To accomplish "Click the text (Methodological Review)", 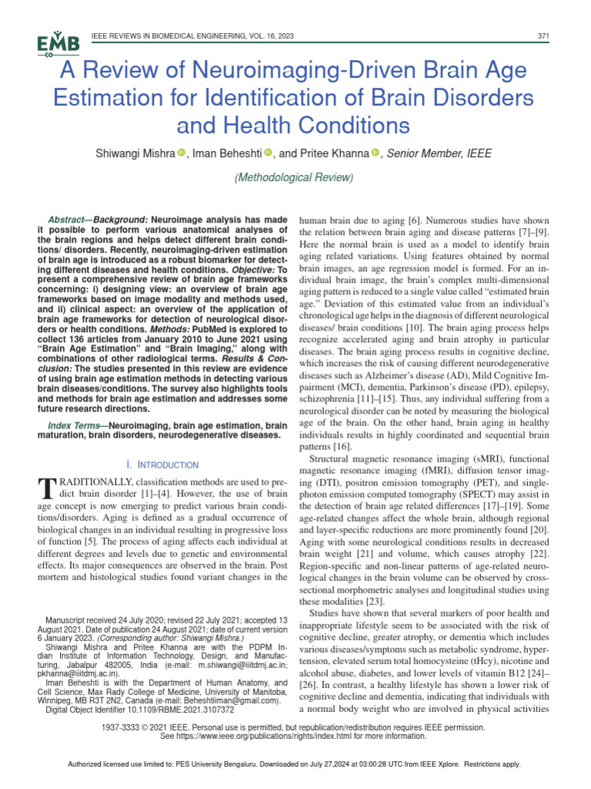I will (x=295, y=178).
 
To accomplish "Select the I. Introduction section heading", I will (x=162, y=465).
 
